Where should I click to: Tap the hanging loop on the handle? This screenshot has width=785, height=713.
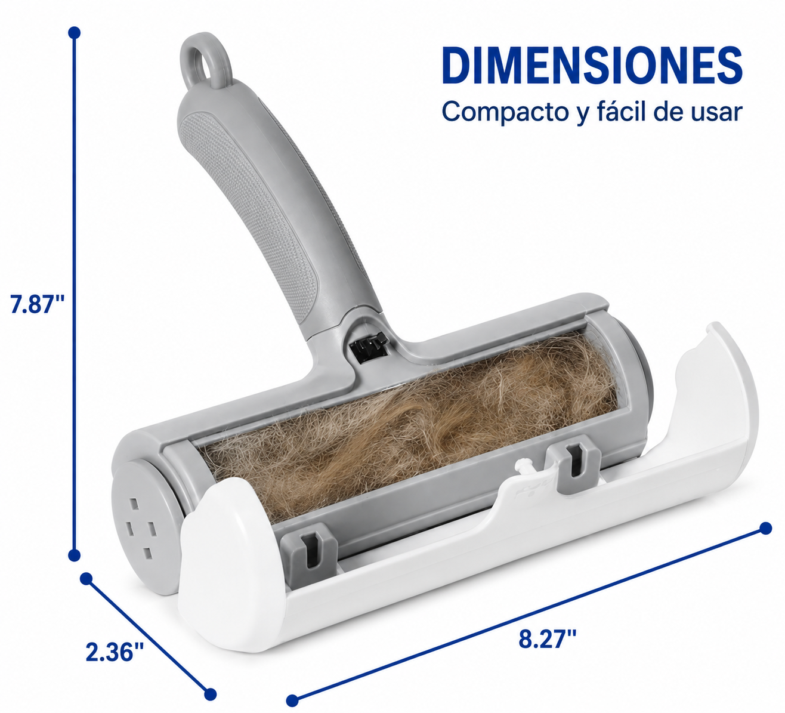click(x=206, y=62)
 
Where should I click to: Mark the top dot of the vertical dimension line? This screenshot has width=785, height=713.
click(x=75, y=32)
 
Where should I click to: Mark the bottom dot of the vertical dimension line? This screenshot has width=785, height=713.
click(x=75, y=555)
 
